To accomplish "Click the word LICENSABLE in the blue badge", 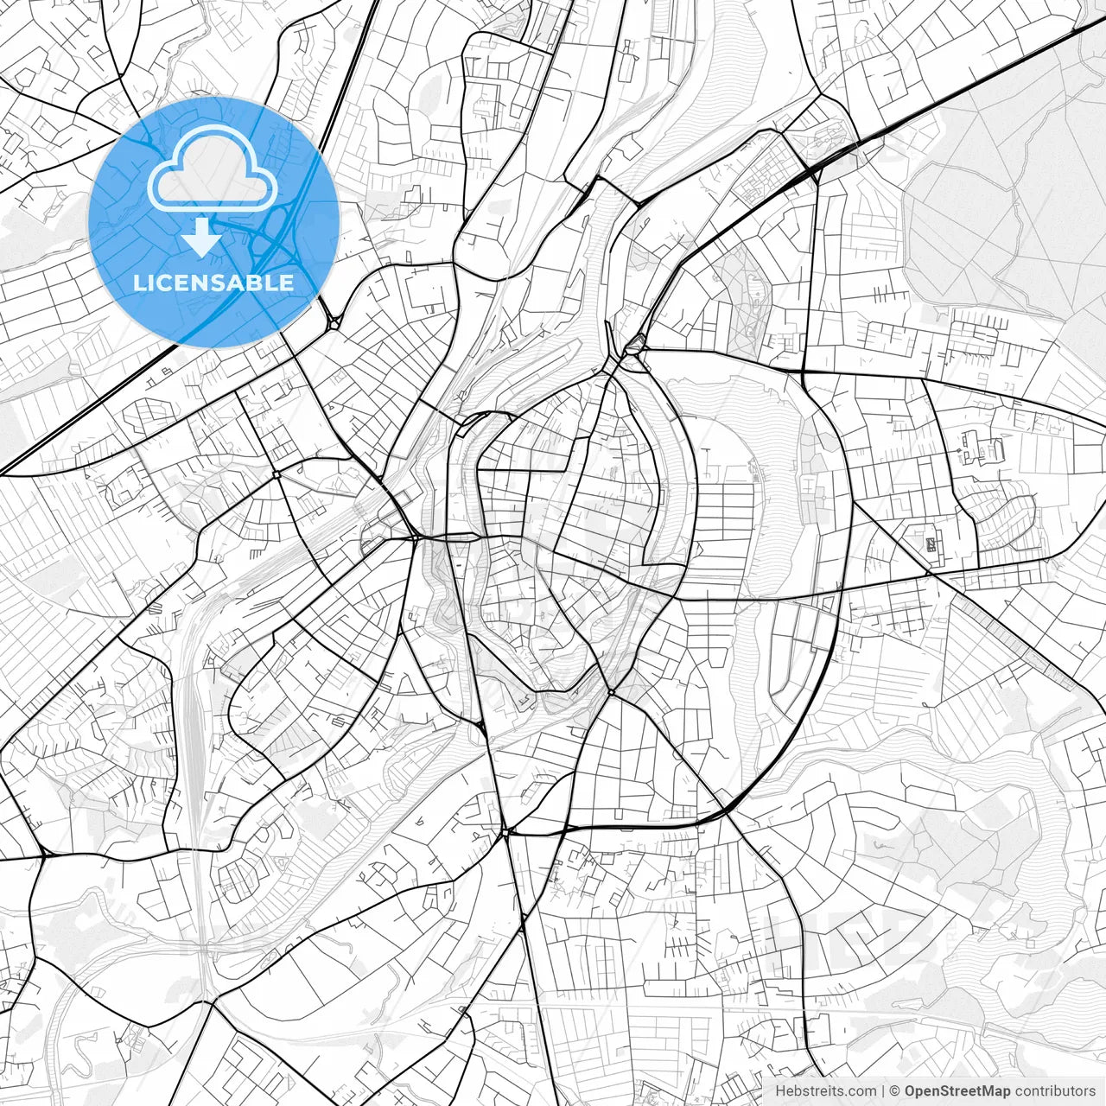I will click(x=213, y=283).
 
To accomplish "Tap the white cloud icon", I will click(x=213, y=169).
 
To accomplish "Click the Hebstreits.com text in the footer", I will click(x=825, y=1091).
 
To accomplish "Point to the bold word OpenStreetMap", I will click(x=957, y=1091).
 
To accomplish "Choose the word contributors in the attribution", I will click(x=1055, y=1091).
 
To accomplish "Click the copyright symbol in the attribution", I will click(x=895, y=1091).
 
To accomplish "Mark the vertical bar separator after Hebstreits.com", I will click(x=883, y=1091).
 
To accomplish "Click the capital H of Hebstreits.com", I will click(x=781, y=1091).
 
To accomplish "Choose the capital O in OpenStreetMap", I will click(x=911, y=1091).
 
